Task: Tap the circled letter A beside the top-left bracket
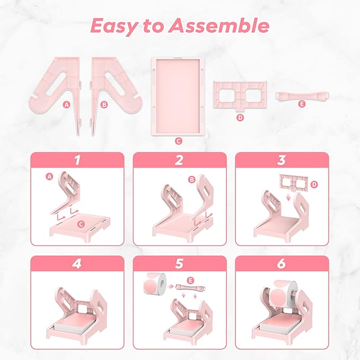coord(66,104)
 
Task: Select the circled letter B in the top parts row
coord(104,104)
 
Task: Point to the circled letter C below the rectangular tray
coord(178,141)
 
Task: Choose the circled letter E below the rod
coord(302,104)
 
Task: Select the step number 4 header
coord(77,264)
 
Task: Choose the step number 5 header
coord(179,264)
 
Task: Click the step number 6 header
coord(282,264)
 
